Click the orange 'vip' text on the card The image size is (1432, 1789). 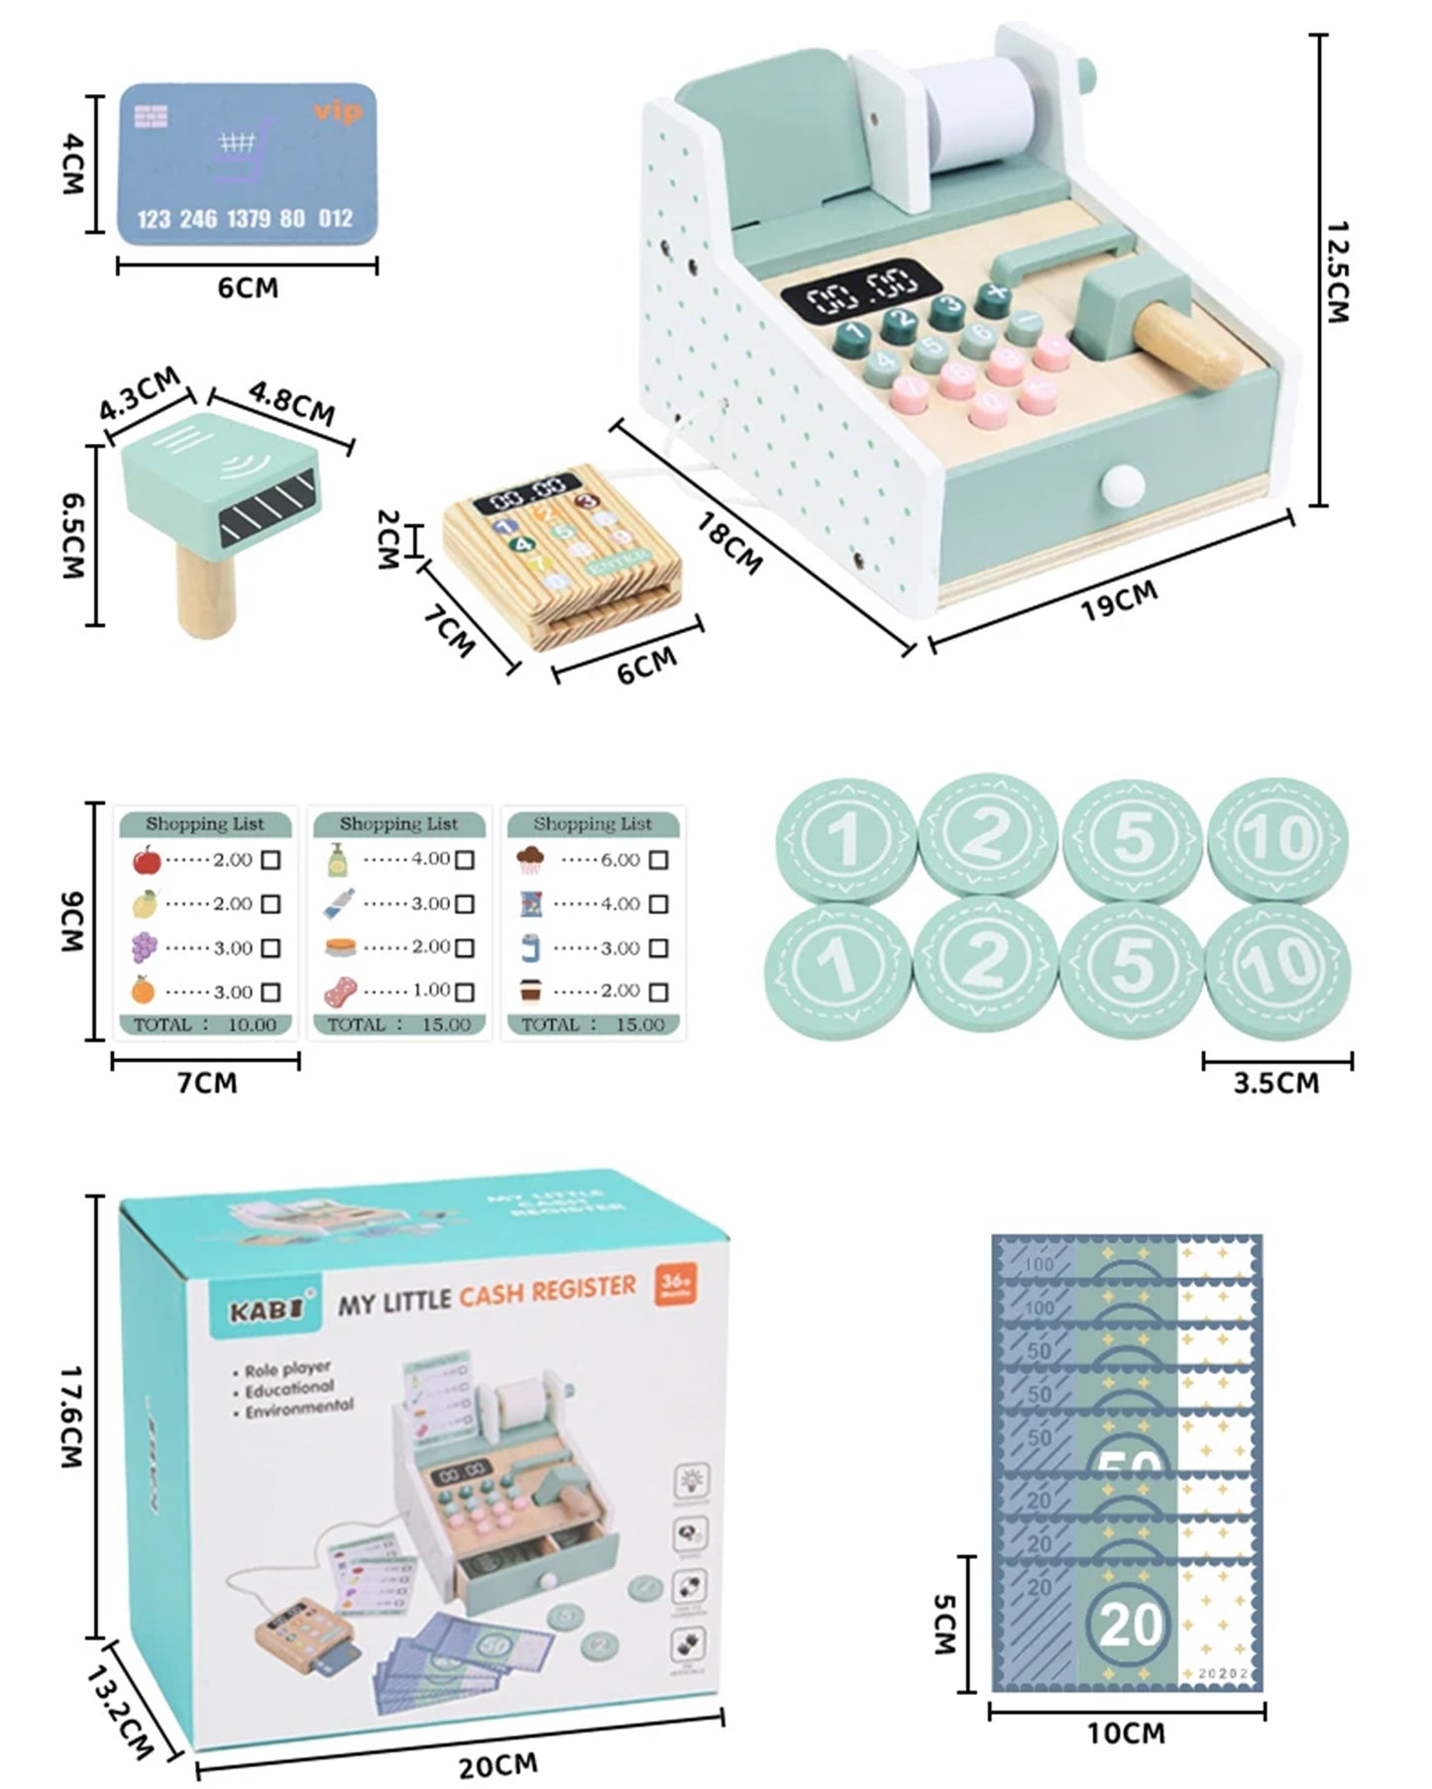[337, 111]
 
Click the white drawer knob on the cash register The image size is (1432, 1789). [1120, 485]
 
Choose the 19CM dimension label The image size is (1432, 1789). [1119, 600]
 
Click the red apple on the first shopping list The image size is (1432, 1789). [146, 860]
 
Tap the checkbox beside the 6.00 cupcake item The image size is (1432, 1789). [658, 860]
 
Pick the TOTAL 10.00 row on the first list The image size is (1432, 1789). [205, 1024]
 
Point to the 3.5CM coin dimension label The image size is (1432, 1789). [1275, 1083]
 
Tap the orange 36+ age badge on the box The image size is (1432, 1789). [676, 1285]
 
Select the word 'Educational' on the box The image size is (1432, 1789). [289, 1389]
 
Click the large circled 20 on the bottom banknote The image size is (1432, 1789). [1130, 1625]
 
